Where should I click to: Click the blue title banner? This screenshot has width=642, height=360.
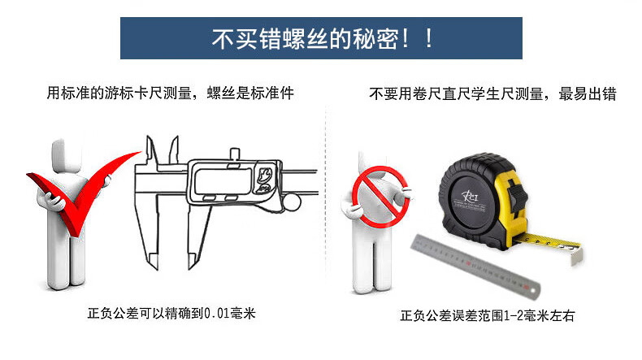point(321,38)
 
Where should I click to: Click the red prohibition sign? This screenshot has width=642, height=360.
point(380,197)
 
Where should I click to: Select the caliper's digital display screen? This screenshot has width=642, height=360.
point(223,181)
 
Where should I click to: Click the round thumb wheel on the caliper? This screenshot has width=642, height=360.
point(292,202)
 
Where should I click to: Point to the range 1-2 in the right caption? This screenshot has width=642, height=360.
point(514,316)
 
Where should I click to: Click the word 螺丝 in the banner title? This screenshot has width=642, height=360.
point(306,39)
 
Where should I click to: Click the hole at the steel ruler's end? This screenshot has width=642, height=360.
point(532,290)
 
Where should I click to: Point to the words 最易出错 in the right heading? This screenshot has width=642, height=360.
point(588,94)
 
